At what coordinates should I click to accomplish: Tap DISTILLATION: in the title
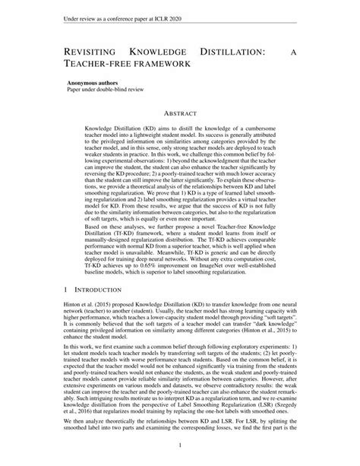pos(238,51)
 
